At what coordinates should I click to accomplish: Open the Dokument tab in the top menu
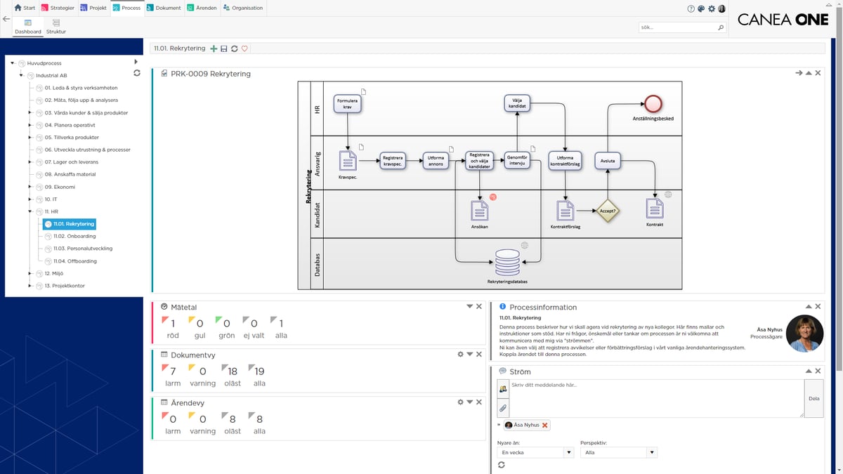[164, 8]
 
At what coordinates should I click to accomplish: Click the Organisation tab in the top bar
[243, 8]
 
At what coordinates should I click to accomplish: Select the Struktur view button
[56, 27]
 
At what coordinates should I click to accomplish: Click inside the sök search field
[677, 27]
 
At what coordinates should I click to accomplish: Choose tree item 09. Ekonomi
[59, 187]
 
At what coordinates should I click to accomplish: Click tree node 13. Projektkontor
[64, 286]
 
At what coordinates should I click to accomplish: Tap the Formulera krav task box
[348, 103]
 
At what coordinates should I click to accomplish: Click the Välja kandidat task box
[517, 103]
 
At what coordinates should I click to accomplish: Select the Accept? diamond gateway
[607, 210]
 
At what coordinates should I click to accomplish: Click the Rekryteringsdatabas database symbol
[507, 263]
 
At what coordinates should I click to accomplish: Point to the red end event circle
[653, 103]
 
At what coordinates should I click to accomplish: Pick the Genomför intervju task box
[517, 161]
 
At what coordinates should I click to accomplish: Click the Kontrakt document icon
[654, 209]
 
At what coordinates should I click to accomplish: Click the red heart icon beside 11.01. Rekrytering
[244, 48]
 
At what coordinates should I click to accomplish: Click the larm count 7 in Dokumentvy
[173, 371]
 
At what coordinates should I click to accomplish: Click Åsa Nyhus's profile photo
[804, 334]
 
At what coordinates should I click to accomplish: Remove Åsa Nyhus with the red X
[545, 425]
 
